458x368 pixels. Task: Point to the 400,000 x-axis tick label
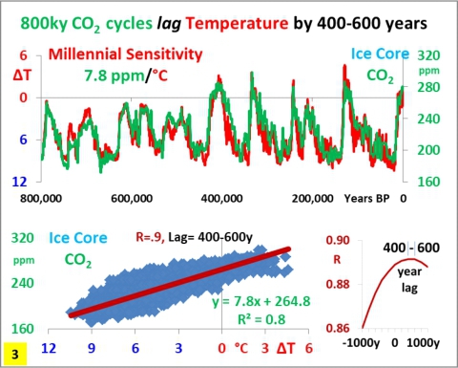[x=221, y=199]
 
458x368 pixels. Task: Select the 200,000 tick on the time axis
[x=311, y=199]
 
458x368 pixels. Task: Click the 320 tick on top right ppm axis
[x=427, y=56]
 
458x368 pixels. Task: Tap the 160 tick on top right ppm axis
[x=427, y=180]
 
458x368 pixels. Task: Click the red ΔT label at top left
[x=21, y=75]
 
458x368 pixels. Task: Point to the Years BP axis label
[x=371, y=199]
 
